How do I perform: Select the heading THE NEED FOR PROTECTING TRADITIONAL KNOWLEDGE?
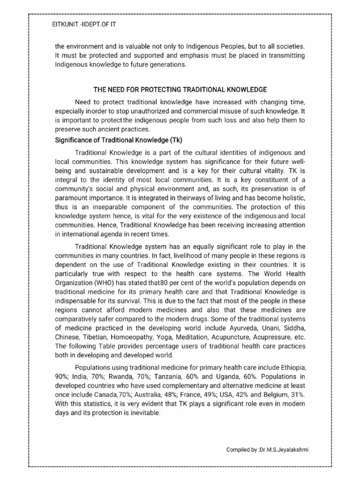click(180, 89)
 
